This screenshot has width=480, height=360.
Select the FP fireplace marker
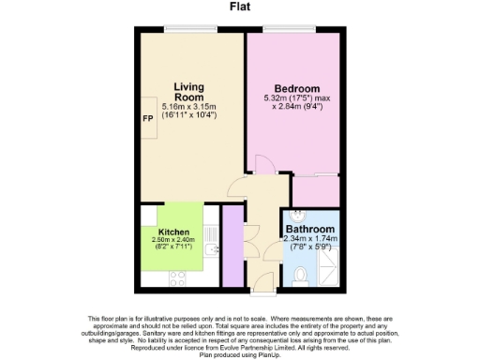tap(147, 120)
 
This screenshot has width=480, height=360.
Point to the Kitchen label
tap(173, 232)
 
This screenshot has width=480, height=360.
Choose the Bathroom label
tap(309, 229)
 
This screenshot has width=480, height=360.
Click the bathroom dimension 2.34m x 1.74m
tap(309, 239)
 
